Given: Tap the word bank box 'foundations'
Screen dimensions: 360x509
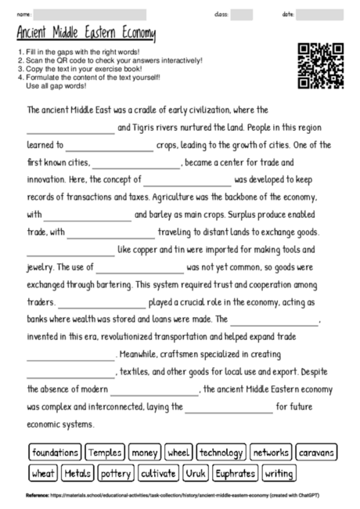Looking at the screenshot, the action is click(55, 453).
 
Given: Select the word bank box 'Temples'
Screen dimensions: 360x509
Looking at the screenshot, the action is click(105, 453).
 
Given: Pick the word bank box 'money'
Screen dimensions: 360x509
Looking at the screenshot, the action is click(145, 453).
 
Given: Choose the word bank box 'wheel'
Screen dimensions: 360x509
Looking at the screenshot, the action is click(178, 453).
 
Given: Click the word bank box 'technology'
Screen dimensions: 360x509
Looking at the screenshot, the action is click(221, 453).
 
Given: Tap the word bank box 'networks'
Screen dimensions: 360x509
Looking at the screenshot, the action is click(271, 453).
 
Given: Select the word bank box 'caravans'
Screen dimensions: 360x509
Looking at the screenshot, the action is click(317, 453).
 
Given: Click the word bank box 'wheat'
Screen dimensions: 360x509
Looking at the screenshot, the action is click(43, 473).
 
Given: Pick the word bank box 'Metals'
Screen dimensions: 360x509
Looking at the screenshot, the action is click(78, 473).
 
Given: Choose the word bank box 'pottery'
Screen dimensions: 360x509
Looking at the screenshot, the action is click(116, 473).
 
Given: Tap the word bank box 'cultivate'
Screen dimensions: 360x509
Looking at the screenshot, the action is click(158, 473).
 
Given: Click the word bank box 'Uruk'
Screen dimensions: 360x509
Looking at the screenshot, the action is click(196, 473).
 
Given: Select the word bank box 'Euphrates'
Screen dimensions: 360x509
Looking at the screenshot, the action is click(235, 473).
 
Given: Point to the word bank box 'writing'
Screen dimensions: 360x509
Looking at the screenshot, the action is click(279, 473).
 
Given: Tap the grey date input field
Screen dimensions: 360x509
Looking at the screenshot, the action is click(319, 14).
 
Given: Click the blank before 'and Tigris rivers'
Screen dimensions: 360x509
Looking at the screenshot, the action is click(70, 128).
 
